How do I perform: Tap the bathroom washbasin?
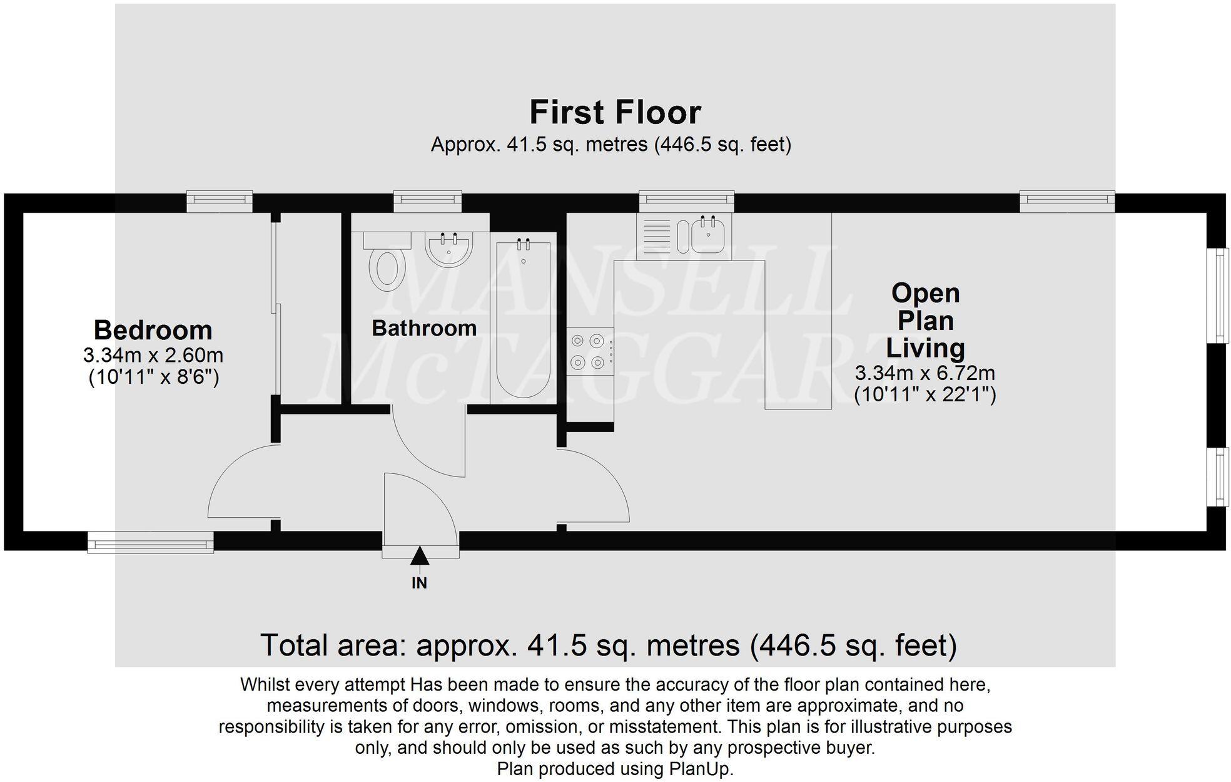click(448, 249)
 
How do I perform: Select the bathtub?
click(523, 320)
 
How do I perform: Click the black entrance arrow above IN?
click(419, 555)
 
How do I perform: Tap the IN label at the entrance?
click(419, 583)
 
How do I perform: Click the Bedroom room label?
click(153, 330)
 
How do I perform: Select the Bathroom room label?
click(424, 328)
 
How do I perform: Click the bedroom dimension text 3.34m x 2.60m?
click(153, 356)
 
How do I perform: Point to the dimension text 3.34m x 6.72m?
click(925, 373)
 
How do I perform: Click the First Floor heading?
click(615, 113)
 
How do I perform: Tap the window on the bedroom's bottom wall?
click(151, 542)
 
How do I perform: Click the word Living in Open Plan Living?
click(925, 348)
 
